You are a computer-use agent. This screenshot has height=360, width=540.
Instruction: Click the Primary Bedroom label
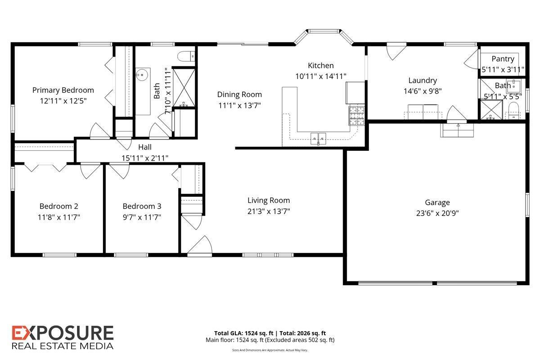63,90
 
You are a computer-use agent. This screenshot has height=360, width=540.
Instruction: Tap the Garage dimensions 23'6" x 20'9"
437,213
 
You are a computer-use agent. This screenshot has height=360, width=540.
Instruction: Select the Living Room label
269,200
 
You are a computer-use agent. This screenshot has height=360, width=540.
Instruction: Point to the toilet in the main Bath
186,57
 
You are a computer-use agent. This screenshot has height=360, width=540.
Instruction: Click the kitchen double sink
318,139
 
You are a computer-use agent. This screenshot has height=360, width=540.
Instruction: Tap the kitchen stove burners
357,116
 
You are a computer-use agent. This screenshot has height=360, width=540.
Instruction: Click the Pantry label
503,59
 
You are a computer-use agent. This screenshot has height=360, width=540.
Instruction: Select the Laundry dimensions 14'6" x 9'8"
423,91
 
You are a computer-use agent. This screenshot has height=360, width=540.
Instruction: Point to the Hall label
145,147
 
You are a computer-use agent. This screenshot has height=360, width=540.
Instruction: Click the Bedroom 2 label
59,206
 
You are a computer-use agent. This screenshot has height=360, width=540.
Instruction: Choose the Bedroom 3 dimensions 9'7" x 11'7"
142,217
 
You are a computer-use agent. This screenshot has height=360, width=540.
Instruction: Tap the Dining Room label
239,94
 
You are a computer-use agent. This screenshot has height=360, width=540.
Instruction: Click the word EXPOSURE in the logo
63,333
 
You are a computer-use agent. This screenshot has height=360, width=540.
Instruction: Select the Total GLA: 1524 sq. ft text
244,333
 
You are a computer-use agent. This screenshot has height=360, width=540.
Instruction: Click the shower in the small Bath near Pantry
491,110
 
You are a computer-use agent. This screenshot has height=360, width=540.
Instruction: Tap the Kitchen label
321,65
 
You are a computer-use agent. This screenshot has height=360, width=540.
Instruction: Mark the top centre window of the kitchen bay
324,31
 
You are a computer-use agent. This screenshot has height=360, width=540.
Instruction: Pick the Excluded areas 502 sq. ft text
300,340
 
